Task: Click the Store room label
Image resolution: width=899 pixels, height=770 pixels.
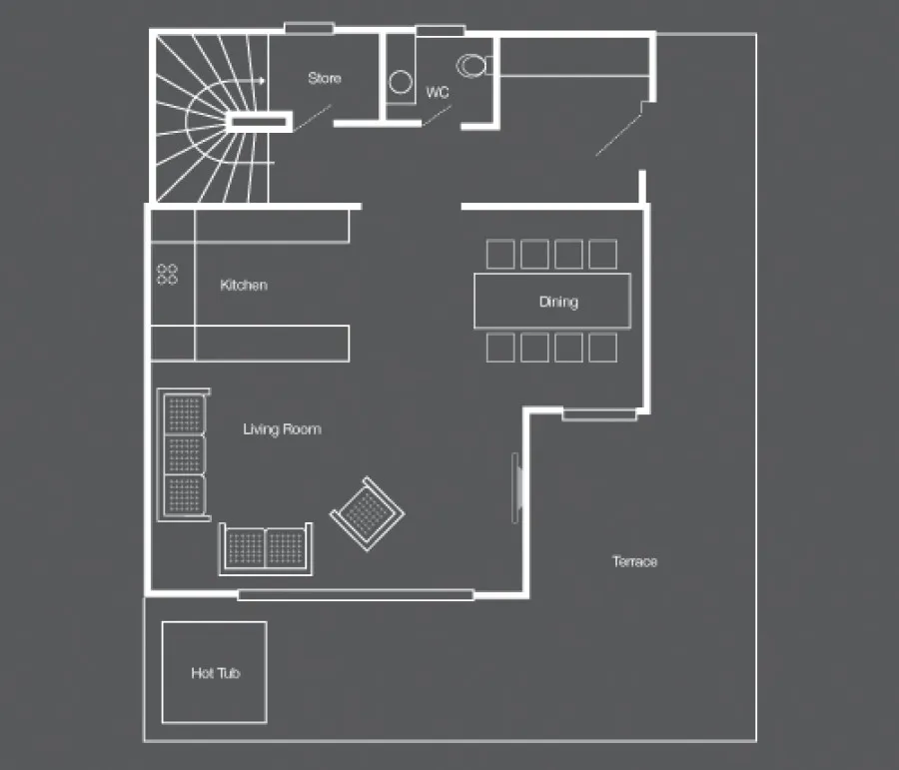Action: click(x=325, y=78)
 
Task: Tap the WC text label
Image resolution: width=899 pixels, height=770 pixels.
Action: click(x=438, y=92)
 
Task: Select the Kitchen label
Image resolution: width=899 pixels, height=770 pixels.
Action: click(x=244, y=285)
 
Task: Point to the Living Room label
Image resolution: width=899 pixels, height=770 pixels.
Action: click(x=282, y=429)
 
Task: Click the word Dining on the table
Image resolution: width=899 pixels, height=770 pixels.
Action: click(x=558, y=302)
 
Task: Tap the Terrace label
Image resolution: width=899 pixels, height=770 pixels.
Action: click(x=634, y=561)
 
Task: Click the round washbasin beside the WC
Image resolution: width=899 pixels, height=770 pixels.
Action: click(x=401, y=82)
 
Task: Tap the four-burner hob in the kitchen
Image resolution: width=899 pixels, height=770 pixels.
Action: click(x=167, y=274)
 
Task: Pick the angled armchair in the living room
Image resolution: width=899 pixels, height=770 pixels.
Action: click(x=367, y=513)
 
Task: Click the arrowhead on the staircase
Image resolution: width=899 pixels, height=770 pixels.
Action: click(x=262, y=81)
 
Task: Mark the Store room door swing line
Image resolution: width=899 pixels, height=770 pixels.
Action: click(x=313, y=118)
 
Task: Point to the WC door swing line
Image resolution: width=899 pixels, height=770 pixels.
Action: click(x=437, y=115)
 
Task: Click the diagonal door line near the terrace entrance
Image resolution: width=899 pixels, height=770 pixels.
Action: click(x=618, y=135)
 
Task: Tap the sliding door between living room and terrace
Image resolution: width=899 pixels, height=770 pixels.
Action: click(x=516, y=488)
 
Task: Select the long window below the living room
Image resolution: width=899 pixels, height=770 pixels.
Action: click(x=356, y=595)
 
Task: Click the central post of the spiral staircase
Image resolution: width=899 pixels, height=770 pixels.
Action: click(x=259, y=122)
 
